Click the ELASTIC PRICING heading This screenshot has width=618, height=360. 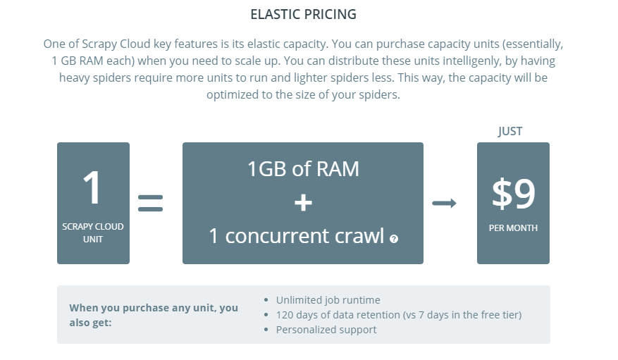coord(303,15)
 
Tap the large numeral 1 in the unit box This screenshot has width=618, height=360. coord(92,187)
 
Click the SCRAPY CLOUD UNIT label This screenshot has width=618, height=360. coord(93,232)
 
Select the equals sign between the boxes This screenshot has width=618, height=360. coord(150,203)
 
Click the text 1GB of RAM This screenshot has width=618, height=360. coord(303,169)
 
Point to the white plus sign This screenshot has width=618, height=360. coord(303,203)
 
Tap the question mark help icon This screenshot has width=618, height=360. coord(394,239)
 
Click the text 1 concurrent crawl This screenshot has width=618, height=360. coord(297,236)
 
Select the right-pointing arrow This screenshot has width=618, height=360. coord(444,203)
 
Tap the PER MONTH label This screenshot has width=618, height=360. coord(513,228)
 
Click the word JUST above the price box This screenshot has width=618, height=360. coord(510,131)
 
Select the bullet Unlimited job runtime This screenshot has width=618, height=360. coord(328,300)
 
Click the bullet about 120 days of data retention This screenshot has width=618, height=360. coord(398,315)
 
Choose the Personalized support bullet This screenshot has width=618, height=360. coord(326,330)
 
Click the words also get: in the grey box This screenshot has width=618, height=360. coord(90,323)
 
